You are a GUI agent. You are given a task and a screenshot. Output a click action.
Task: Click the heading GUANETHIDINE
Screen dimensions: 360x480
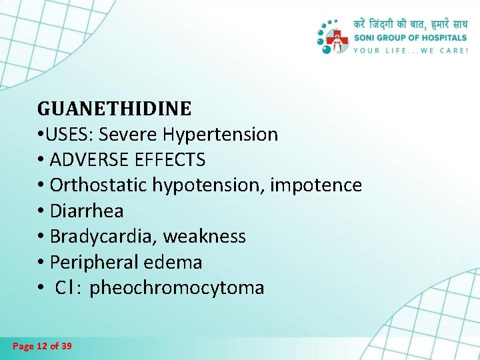114,108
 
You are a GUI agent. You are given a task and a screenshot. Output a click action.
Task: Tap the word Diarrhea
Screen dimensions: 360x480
87,211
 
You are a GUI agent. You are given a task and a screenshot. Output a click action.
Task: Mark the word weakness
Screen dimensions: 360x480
205,237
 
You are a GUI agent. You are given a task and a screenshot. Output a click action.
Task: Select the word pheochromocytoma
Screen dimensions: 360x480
177,288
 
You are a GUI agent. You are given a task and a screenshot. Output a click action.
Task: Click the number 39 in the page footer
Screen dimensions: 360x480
66,346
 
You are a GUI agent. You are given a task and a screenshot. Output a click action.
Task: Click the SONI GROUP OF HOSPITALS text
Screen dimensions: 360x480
410,38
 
